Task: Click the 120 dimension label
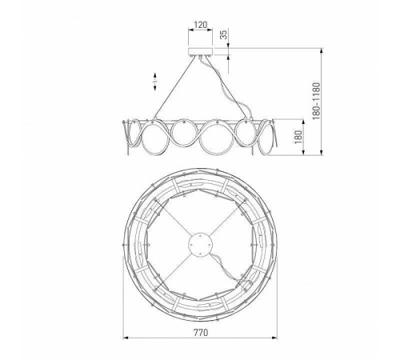pos(200,25)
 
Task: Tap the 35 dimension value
pos(224,34)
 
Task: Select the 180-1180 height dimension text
pos(316,101)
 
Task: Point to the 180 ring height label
pos(298,137)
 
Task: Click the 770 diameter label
pos(200,333)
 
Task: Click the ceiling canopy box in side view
pos(201,51)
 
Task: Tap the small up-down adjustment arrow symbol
pos(155,82)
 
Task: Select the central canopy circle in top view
pos(201,244)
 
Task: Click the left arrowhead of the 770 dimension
pos(126,338)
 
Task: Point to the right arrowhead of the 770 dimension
pos(274,338)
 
